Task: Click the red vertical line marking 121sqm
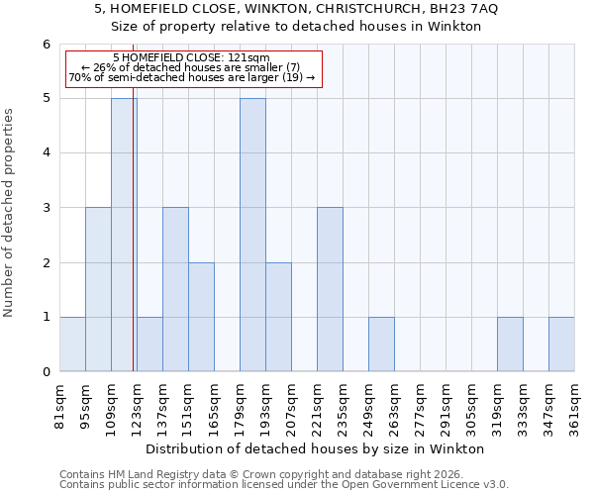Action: click(133, 247)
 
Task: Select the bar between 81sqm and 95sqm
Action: click(72, 345)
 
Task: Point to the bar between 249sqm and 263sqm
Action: click(381, 345)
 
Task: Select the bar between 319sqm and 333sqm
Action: click(510, 345)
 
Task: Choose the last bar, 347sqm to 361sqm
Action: click(561, 345)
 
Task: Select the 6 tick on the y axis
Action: click(46, 45)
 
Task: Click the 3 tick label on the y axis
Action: click(46, 208)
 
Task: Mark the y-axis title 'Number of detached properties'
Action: click(10, 214)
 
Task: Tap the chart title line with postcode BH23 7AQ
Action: click(297, 9)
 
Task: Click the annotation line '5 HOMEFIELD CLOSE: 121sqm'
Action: click(191, 57)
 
